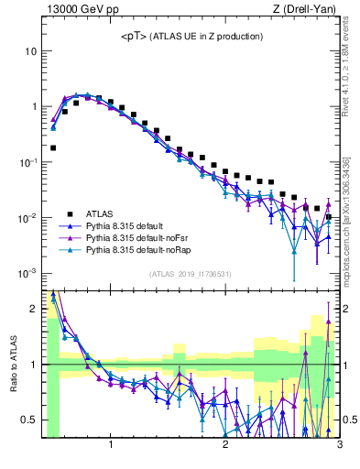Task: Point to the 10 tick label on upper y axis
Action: pos(30,51)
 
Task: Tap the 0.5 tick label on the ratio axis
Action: pos(28,420)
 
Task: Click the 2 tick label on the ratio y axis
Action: pos(34,309)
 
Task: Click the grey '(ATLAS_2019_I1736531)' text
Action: pos(191,274)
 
